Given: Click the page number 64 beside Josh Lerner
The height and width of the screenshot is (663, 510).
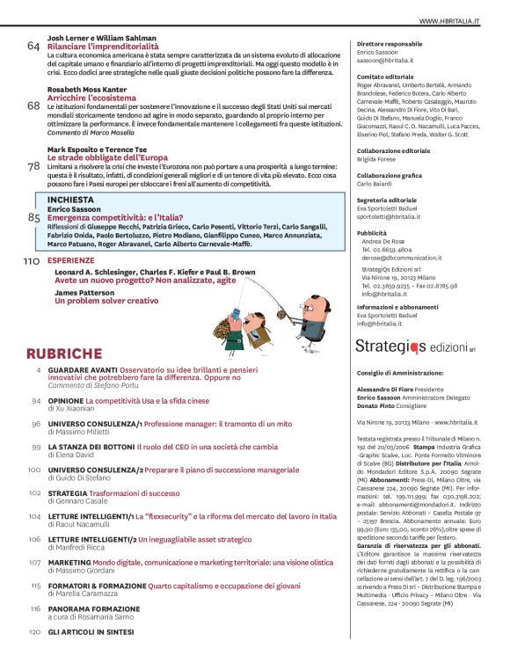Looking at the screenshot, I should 33,47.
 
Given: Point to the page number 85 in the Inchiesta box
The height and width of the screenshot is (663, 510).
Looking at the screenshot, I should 35,216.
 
